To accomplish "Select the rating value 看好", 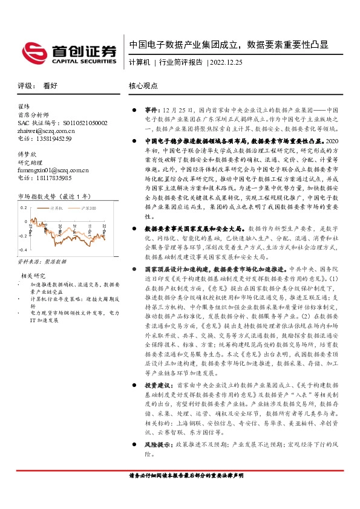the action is click(x=49, y=86).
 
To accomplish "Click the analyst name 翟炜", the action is click(x=24, y=108).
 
